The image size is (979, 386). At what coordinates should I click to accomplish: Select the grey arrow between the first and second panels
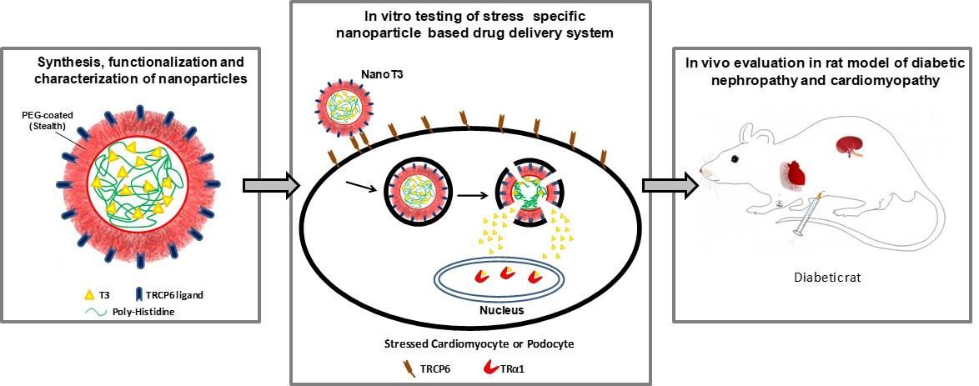click(265, 184)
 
